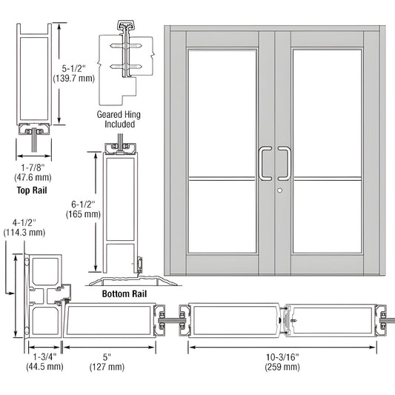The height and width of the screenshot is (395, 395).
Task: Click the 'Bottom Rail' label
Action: click(125, 294)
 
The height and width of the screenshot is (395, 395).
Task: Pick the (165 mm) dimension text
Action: click(82, 214)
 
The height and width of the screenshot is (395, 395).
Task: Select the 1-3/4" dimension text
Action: click(46, 355)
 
